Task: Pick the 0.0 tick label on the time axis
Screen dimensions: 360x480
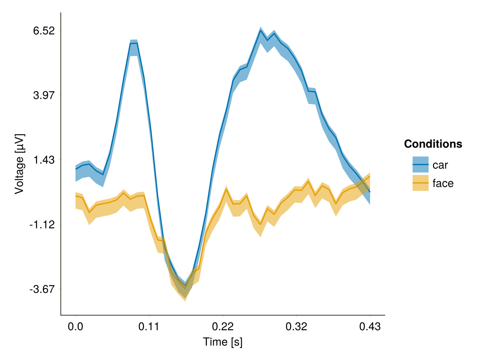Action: [75, 326]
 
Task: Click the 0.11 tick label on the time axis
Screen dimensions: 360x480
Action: [149, 326]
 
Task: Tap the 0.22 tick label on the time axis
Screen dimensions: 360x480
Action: [222, 326]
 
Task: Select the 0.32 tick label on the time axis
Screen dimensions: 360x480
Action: [296, 326]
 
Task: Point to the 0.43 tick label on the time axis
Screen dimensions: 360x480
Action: [370, 326]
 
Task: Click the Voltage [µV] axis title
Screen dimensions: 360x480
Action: [19, 164]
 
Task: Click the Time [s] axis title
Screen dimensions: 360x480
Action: [222, 342]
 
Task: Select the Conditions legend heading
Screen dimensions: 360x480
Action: [433, 144]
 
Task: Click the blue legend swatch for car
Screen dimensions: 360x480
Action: [420, 164]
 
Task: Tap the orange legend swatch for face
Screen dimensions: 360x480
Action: [420, 183]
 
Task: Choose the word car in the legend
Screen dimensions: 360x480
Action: [440, 165]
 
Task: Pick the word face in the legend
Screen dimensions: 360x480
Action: [443, 184]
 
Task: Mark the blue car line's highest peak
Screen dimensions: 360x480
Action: [260, 30]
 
